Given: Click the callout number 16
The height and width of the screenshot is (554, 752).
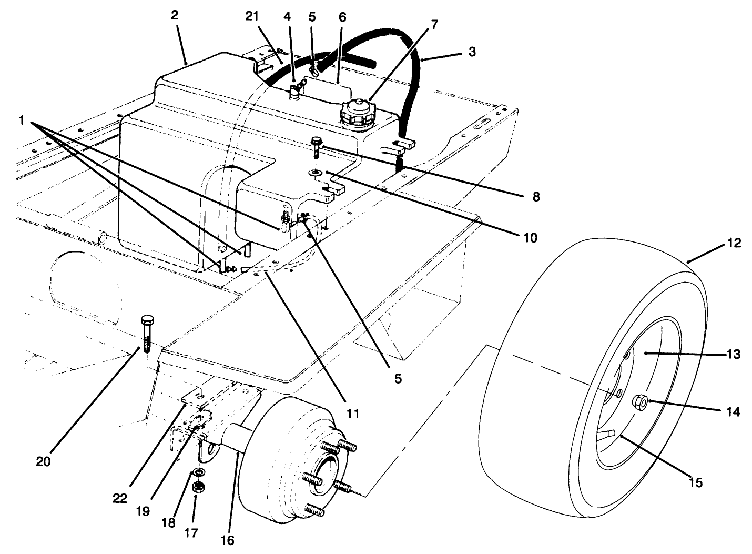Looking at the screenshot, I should pyautogui.click(x=228, y=540).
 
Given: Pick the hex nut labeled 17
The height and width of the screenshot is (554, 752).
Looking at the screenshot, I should pyautogui.click(x=199, y=488).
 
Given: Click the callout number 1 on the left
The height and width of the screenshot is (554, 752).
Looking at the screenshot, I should pyautogui.click(x=22, y=120).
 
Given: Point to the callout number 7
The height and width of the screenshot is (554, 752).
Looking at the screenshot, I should pyautogui.click(x=434, y=24).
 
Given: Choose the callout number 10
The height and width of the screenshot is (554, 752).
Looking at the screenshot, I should pyautogui.click(x=530, y=237).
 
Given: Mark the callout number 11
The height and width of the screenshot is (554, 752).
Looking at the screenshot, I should pyautogui.click(x=353, y=414).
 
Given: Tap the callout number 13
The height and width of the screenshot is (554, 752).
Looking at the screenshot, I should pyautogui.click(x=734, y=354).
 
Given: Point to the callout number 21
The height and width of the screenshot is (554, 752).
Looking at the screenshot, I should pyautogui.click(x=252, y=16).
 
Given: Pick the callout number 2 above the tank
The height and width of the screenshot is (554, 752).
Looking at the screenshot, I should pyautogui.click(x=174, y=15).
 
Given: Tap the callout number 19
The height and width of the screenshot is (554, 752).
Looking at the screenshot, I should pyautogui.click(x=143, y=511).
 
